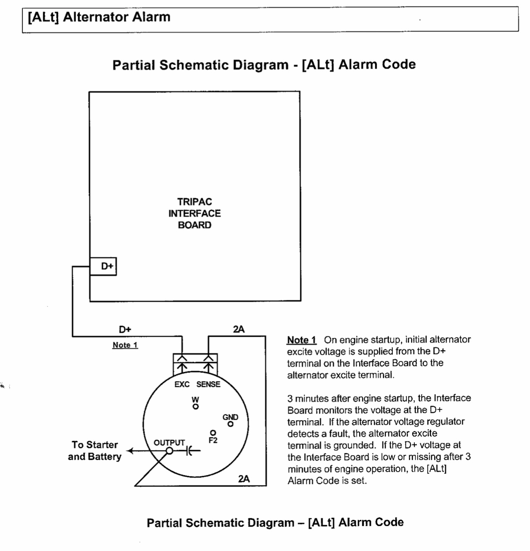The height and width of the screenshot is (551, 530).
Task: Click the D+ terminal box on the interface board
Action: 103,266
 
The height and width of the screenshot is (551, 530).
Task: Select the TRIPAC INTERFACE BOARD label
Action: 194,213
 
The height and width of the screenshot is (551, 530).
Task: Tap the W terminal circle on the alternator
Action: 196,406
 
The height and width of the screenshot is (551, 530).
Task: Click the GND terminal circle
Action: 230,424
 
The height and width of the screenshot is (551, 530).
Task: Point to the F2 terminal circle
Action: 212,432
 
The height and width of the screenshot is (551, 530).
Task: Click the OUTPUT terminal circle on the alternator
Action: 170,451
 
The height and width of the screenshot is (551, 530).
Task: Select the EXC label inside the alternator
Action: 182,384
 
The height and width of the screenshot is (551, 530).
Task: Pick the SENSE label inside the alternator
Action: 208,384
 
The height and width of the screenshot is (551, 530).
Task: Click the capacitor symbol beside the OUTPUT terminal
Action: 189,451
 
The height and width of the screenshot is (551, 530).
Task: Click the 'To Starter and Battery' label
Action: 95,450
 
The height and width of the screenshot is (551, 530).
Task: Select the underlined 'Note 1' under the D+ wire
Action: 125,345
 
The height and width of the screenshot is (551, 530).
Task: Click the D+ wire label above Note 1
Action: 125,329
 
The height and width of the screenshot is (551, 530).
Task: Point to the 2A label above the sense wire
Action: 239,329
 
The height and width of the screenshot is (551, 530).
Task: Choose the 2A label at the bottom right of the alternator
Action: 244,478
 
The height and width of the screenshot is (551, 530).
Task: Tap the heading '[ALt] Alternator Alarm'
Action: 99,17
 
